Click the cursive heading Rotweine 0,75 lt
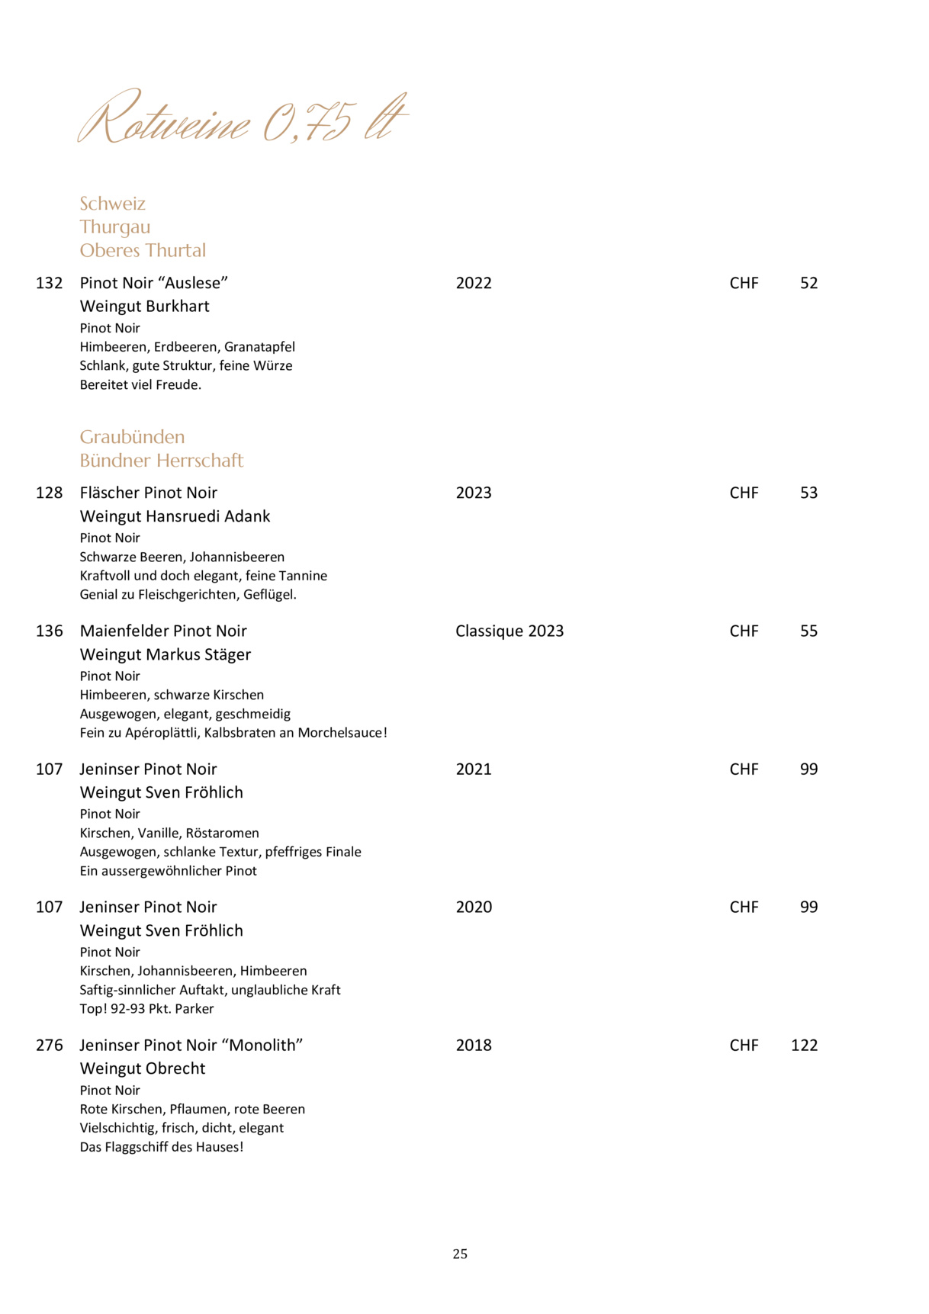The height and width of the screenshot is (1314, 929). pyautogui.click(x=243, y=119)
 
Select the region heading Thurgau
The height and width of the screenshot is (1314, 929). pyautogui.click(x=115, y=227)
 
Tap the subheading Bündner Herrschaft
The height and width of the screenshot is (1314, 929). pyautogui.click(x=162, y=461)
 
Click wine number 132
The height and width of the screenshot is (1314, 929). pyautogui.click(x=50, y=283)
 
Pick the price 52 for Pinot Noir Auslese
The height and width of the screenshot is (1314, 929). pyautogui.click(x=808, y=283)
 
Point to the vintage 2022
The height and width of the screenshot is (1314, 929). pyautogui.click(x=474, y=283)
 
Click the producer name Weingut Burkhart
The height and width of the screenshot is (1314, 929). pyautogui.click(x=144, y=307)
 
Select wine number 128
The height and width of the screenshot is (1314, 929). pyautogui.click(x=50, y=493)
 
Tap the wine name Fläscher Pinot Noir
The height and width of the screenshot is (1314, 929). pyautogui.click(x=149, y=493)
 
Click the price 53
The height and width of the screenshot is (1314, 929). pyautogui.click(x=808, y=493)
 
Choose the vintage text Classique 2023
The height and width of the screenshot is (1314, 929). pyautogui.click(x=510, y=631)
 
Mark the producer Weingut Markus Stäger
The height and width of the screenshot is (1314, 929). pyautogui.click(x=166, y=654)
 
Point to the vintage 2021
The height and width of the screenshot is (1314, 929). pyautogui.click(x=474, y=769)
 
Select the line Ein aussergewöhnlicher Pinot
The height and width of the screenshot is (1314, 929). pyautogui.click(x=169, y=871)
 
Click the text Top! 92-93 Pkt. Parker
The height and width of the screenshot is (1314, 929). pyautogui.click(x=146, y=1009)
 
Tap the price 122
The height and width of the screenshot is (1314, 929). pyautogui.click(x=804, y=1045)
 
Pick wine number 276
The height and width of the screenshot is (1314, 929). pyautogui.click(x=50, y=1045)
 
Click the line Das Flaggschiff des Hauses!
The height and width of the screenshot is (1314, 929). pyautogui.click(x=162, y=1147)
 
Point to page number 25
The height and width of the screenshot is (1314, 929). pyautogui.click(x=460, y=1254)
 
